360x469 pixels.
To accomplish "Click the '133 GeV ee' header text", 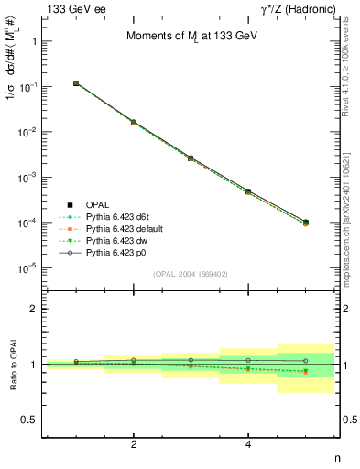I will [71, 8].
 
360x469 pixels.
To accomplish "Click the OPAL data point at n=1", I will [77, 83].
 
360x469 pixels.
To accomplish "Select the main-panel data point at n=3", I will [191, 158].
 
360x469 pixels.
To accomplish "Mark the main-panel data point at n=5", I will [305, 222].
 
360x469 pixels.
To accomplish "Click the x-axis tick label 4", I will [248, 445].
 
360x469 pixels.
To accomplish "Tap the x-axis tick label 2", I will [134, 445].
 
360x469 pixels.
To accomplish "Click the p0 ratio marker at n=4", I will [248, 360].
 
